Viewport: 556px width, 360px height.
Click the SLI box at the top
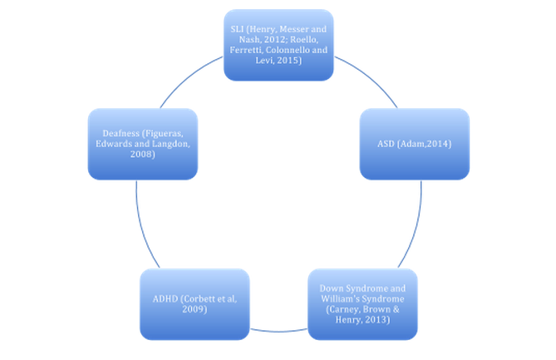coord(278,45)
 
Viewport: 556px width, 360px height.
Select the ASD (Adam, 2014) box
coord(414,143)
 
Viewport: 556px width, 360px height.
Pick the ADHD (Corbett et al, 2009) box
coord(194,303)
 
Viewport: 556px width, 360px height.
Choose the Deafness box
coord(142,143)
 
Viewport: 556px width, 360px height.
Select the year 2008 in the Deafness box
coord(142,155)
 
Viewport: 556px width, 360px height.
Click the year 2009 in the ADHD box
coord(194,309)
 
